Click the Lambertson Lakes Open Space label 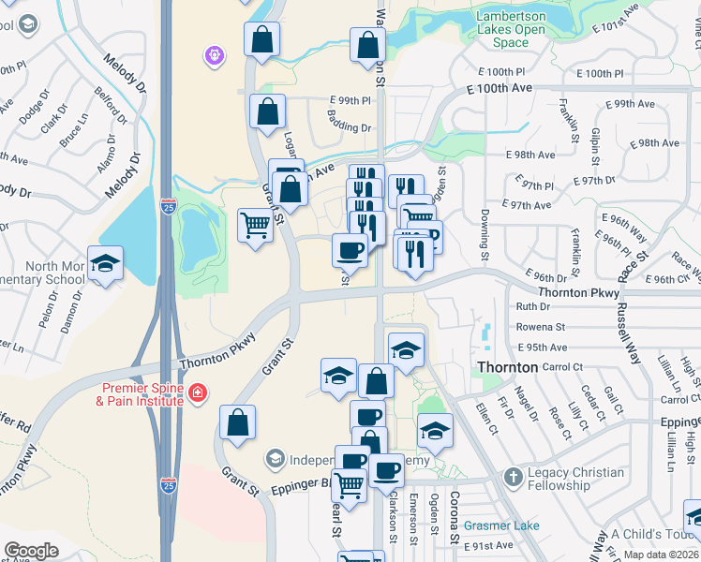tap(511, 29)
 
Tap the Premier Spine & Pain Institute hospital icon tap(197, 393)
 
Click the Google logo tap(32, 551)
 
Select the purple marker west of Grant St tap(215, 57)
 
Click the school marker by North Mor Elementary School tap(106, 263)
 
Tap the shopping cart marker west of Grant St tap(255, 225)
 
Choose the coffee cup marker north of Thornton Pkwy tap(350, 249)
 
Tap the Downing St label tap(485, 243)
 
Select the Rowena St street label tap(541, 327)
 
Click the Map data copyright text tap(661, 555)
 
